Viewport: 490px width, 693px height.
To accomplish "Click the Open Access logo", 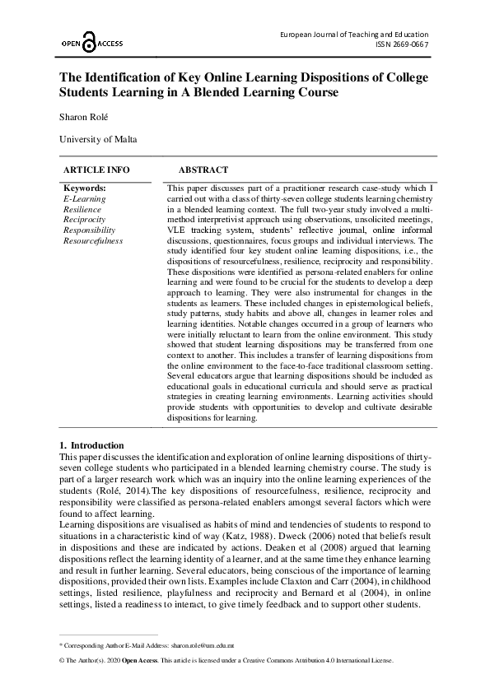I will tap(91, 43).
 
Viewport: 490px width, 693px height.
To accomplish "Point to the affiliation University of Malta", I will tap(98, 139).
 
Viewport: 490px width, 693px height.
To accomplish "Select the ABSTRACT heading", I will tap(203, 170).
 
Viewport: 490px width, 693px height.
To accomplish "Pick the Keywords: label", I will tap(85, 188).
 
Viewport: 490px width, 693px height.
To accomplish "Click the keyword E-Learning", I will tap(84, 199).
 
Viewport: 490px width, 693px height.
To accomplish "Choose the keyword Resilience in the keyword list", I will tap(82, 210).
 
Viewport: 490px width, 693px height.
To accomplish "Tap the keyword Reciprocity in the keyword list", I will tap(84, 220).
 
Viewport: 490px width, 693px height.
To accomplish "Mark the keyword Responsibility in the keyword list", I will tap(89, 230).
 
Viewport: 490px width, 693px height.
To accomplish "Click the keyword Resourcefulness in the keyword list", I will tap(92, 241).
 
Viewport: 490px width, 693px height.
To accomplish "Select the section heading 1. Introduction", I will tap(92, 445).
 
